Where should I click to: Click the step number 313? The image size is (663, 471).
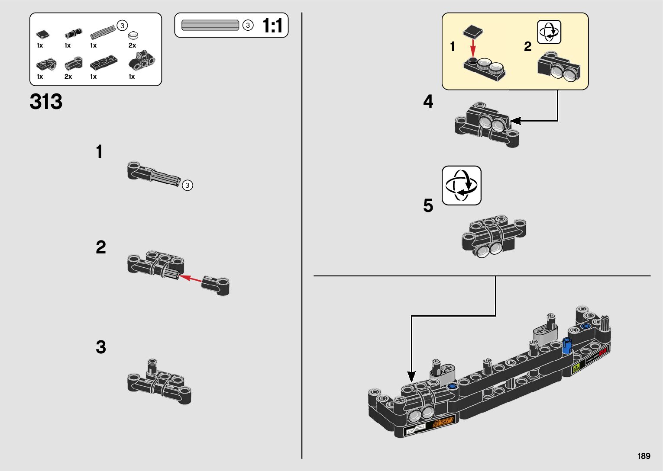click(x=46, y=102)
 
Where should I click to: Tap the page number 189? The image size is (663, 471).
click(x=644, y=456)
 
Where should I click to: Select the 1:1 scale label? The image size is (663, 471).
click(x=273, y=26)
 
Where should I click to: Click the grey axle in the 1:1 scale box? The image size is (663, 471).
click(x=210, y=26)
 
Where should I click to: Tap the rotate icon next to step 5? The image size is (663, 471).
click(x=461, y=186)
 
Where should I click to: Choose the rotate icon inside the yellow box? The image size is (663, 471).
click(x=549, y=32)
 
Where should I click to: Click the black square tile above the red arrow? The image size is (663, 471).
click(x=473, y=32)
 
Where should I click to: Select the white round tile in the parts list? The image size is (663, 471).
click(x=133, y=35)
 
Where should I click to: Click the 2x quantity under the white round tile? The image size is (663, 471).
click(x=132, y=45)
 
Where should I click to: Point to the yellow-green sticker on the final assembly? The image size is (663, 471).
click(x=576, y=369)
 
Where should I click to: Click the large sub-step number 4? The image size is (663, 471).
click(x=428, y=102)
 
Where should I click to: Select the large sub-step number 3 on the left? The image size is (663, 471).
click(x=100, y=347)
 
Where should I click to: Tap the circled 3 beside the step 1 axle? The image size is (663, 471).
click(x=187, y=185)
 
